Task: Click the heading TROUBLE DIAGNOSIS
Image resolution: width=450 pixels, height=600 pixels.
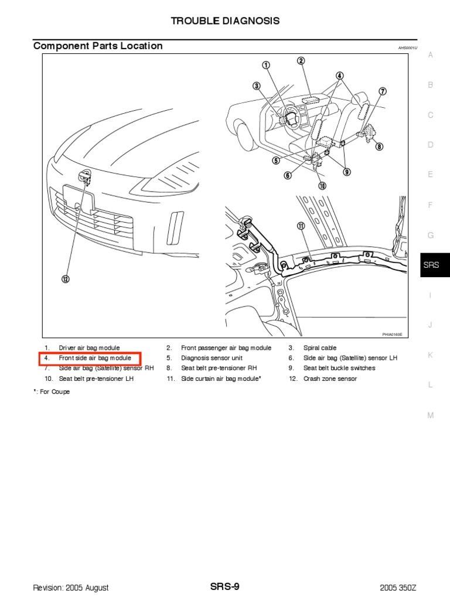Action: point(225,21)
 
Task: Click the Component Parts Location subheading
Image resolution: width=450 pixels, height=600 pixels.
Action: point(98,46)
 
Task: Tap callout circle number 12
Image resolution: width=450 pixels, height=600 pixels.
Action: point(66,279)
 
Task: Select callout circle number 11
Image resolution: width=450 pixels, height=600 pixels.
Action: point(301,226)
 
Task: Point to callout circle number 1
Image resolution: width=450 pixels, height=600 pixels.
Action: point(266,65)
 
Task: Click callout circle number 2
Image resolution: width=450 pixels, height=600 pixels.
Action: point(301,61)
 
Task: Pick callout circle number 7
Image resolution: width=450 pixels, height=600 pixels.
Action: point(382,91)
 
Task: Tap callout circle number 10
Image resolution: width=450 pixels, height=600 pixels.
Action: point(322,186)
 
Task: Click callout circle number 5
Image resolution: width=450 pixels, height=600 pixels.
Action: point(275,160)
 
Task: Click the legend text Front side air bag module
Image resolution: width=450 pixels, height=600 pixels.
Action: point(99,358)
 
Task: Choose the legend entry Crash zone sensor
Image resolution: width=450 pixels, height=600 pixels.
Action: point(329,379)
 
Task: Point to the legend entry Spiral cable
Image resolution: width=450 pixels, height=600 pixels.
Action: point(319,347)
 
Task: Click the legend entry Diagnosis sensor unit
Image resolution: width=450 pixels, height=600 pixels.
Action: point(212,358)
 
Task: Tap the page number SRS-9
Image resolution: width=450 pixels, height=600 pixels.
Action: point(224,587)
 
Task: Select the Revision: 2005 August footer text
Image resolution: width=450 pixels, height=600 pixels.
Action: point(71,588)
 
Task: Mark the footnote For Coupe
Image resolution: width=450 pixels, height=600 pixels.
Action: point(53,391)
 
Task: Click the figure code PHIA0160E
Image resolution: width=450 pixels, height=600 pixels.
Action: point(392,333)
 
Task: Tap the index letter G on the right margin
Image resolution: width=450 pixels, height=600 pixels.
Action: point(430,235)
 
